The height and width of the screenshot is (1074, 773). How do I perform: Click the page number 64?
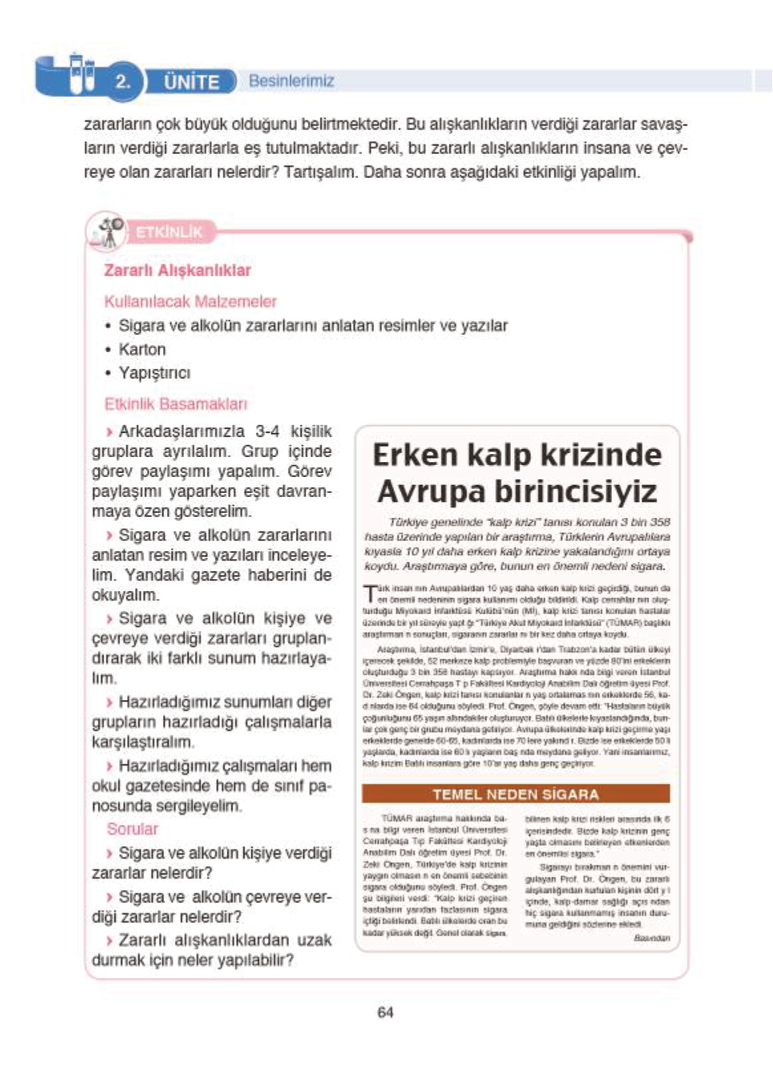click(386, 1012)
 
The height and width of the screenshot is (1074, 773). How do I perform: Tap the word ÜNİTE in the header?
click(191, 82)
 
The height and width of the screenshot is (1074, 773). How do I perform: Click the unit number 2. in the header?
click(123, 82)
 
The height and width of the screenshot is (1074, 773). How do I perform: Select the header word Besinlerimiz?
click(291, 81)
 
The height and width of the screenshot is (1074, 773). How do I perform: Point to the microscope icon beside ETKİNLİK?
click(108, 232)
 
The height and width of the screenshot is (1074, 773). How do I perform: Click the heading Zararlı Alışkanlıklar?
click(177, 270)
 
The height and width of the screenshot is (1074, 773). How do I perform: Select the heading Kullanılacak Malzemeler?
click(190, 302)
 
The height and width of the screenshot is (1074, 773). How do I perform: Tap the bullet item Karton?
click(142, 350)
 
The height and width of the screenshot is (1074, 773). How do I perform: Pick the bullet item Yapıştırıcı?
click(154, 373)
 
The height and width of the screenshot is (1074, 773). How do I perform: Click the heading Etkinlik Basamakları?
click(175, 404)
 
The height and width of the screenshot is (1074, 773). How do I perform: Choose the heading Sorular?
click(133, 829)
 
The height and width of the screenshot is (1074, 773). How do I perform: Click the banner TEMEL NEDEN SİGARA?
click(516, 794)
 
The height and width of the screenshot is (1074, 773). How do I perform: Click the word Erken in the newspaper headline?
click(415, 455)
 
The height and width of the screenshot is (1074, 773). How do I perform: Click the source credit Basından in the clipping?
click(651, 938)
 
